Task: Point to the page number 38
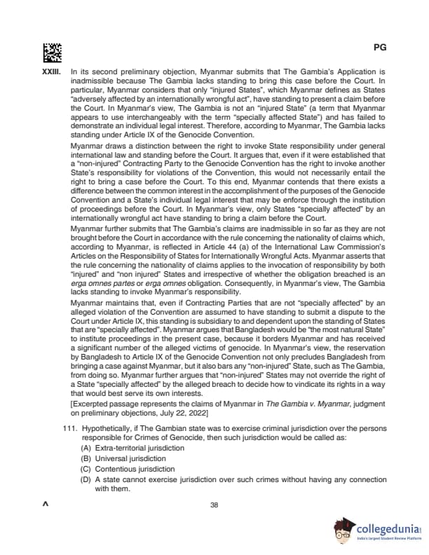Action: click(x=214, y=505)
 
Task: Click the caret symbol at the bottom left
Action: click(x=46, y=505)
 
